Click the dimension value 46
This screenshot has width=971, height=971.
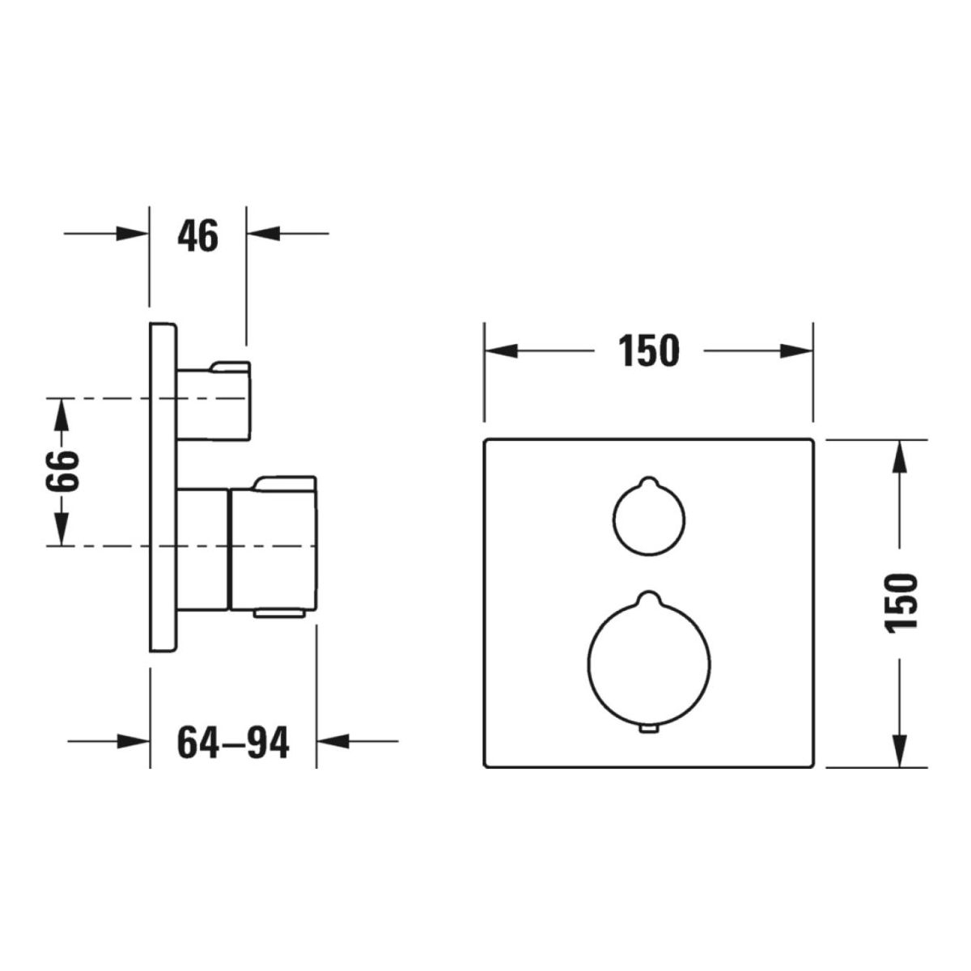(x=197, y=235)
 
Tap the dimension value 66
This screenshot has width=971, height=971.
(x=63, y=471)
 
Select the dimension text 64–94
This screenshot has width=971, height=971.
(x=233, y=743)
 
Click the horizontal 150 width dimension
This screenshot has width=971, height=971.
(x=648, y=350)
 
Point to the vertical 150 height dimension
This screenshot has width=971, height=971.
(x=901, y=603)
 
